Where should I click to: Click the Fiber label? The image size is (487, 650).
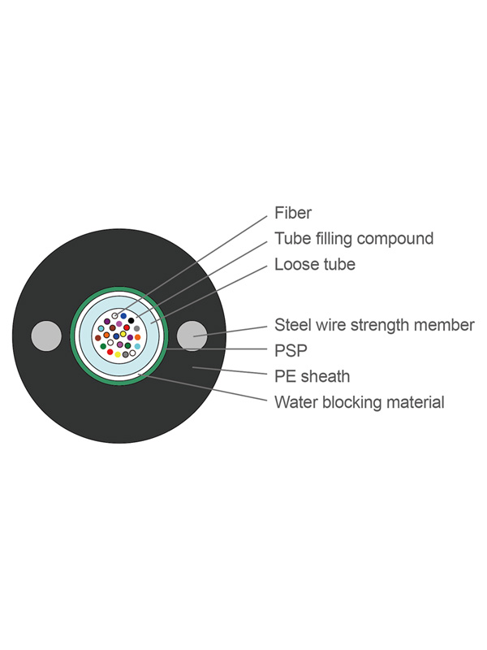[292, 213]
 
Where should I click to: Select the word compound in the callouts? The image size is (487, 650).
[395, 239]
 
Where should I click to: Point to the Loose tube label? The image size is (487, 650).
[314, 264]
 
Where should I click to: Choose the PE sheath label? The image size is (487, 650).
[312, 376]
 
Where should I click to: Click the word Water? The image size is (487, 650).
[294, 401]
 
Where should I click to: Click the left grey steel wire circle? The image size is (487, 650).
[45, 336]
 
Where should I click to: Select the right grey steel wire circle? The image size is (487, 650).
[193, 336]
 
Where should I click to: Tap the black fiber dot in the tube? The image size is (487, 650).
[131, 320]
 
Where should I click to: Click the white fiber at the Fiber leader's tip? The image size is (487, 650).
[115, 315]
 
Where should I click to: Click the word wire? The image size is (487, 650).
[329, 325]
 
